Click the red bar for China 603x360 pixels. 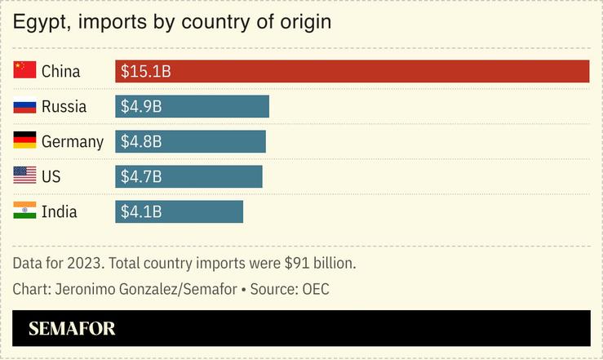click(352, 71)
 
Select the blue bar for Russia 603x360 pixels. click(192, 106)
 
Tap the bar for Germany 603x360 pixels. click(190, 141)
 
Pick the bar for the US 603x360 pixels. click(188, 176)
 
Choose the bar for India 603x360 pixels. click(179, 211)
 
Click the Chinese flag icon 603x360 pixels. click(24, 71)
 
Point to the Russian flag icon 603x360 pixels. click(24, 106)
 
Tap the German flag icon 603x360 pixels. click(24, 141)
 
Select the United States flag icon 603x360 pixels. click(24, 176)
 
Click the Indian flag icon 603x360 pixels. click(24, 211)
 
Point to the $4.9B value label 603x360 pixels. click(141, 107)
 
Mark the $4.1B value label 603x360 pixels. click(141, 212)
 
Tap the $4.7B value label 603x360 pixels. click(141, 177)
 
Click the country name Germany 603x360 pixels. click(73, 142)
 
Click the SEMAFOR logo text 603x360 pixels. click(72, 329)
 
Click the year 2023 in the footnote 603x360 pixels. click(86, 264)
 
